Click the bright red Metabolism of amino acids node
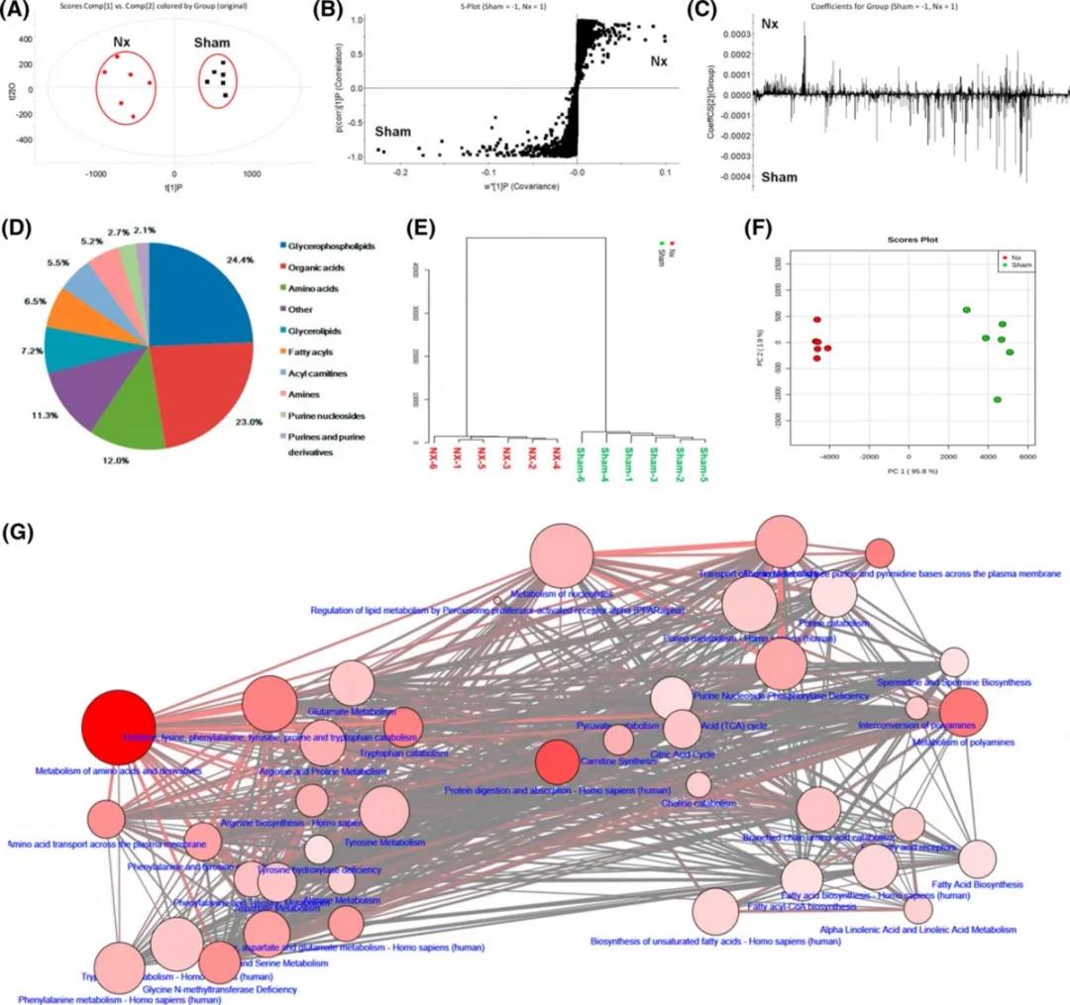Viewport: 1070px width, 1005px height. (x=118, y=728)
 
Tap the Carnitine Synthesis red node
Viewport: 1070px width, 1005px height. (x=557, y=761)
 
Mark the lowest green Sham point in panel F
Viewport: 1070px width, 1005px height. (x=997, y=399)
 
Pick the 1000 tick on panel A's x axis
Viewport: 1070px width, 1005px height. (x=252, y=172)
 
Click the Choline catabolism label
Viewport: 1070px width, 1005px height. (x=698, y=803)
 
